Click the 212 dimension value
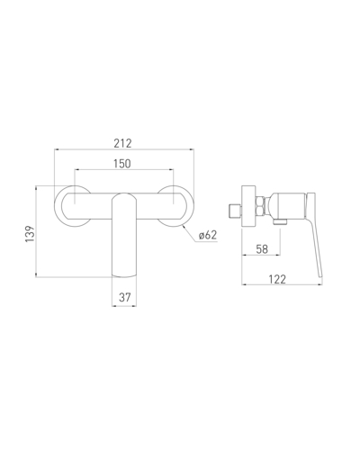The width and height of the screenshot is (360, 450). pyautogui.click(x=122, y=143)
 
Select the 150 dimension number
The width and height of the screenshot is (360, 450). pyautogui.click(x=122, y=164)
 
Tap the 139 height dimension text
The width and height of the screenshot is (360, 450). pyautogui.click(x=30, y=234)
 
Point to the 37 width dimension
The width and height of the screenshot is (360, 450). pyautogui.click(x=125, y=297)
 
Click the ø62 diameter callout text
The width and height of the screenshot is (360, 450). pyautogui.click(x=208, y=235)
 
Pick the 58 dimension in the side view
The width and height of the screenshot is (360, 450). pyautogui.click(x=262, y=249)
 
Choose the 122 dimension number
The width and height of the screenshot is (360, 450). pyautogui.click(x=277, y=279)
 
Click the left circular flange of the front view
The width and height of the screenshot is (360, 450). pyautogui.click(x=57, y=207)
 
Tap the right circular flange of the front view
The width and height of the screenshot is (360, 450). pyautogui.click(x=191, y=207)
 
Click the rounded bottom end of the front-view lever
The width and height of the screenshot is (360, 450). pyautogui.click(x=124, y=275)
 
